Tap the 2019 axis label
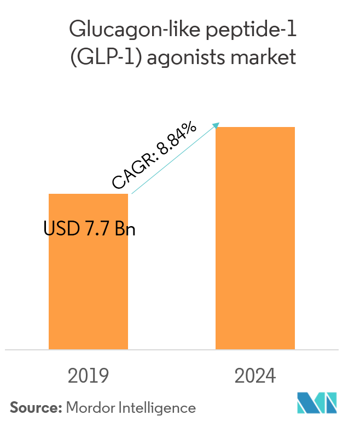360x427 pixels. point(88,376)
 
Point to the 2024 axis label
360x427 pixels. point(256,376)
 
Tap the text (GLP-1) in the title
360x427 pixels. point(103,57)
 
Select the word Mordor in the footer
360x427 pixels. point(88,407)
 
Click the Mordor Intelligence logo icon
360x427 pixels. point(317,403)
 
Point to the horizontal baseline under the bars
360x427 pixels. point(172,349)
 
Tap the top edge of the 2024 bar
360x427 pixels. point(255,128)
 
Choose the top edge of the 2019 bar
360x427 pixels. point(88,194)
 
